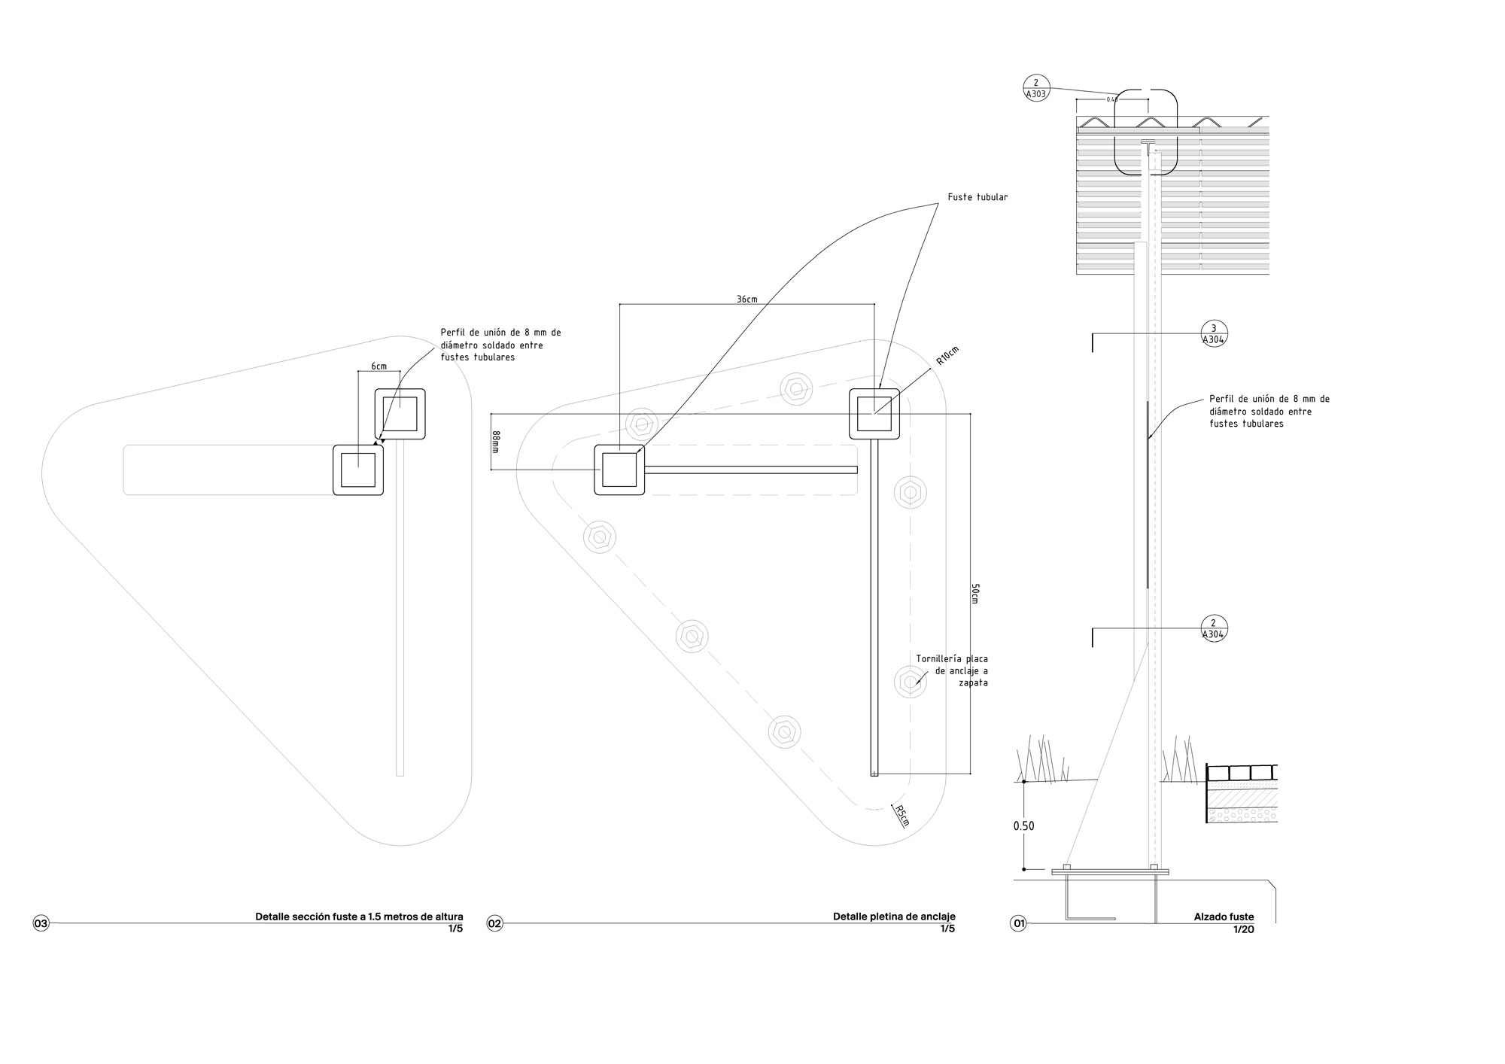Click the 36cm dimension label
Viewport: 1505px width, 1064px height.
[746, 299]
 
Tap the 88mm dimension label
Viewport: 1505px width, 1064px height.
[496, 442]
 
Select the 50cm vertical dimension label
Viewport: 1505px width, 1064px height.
[975, 594]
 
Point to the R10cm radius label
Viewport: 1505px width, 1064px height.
[947, 356]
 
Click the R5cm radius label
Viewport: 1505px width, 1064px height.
[901, 816]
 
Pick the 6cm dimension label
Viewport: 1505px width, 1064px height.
[379, 366]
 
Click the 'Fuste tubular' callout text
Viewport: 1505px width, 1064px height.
[977, 197]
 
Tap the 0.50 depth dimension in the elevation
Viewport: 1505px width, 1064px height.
[1023, 825]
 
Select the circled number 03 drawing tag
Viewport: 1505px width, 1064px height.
[41, 923]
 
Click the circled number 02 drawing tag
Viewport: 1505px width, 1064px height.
[494, 923]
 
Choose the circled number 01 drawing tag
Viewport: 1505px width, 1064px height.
[1018, 923]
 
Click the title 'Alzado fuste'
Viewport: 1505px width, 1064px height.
[1224, 917]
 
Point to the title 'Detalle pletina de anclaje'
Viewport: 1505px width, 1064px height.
[893, 917]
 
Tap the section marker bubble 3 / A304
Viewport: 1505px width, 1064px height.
[1214, 333]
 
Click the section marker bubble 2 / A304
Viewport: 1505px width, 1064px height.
[1214, 628]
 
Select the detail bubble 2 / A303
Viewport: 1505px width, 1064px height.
[1036, 89]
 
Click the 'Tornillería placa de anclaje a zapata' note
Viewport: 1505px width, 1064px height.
[952, 670]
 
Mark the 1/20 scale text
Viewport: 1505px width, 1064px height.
[1243, 929]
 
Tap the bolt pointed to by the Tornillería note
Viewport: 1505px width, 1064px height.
[910, 682]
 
